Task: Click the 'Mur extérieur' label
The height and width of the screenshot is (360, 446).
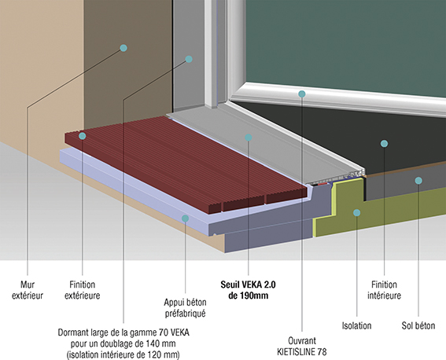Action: point(28,290)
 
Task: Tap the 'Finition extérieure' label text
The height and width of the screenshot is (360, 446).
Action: point(83,290)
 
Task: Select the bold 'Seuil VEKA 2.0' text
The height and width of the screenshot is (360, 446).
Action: point(248,285)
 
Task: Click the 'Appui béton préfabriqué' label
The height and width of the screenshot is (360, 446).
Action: point(185,307)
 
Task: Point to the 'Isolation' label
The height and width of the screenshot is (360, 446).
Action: point(356,325)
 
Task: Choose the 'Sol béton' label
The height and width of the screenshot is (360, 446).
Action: point(418,325)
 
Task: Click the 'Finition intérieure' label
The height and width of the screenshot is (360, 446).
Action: point(385,290)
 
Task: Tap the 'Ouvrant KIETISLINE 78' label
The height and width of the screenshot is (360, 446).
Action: point(302,347)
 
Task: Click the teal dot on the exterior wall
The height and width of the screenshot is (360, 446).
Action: point(123,48)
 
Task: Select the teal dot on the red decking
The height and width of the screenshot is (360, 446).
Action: point(83,136)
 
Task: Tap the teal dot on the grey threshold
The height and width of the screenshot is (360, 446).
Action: point(249,138)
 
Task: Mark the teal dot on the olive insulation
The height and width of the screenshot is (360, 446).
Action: point(356,212)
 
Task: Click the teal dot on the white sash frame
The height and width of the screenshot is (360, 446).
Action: point(302,94)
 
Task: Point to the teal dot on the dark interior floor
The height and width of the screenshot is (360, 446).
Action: point(385,144)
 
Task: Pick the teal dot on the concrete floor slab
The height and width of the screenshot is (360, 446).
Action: point(418,181)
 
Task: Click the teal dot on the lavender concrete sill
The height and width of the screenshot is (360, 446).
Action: point(185,219)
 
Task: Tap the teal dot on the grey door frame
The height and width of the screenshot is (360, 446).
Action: point(189,59)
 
